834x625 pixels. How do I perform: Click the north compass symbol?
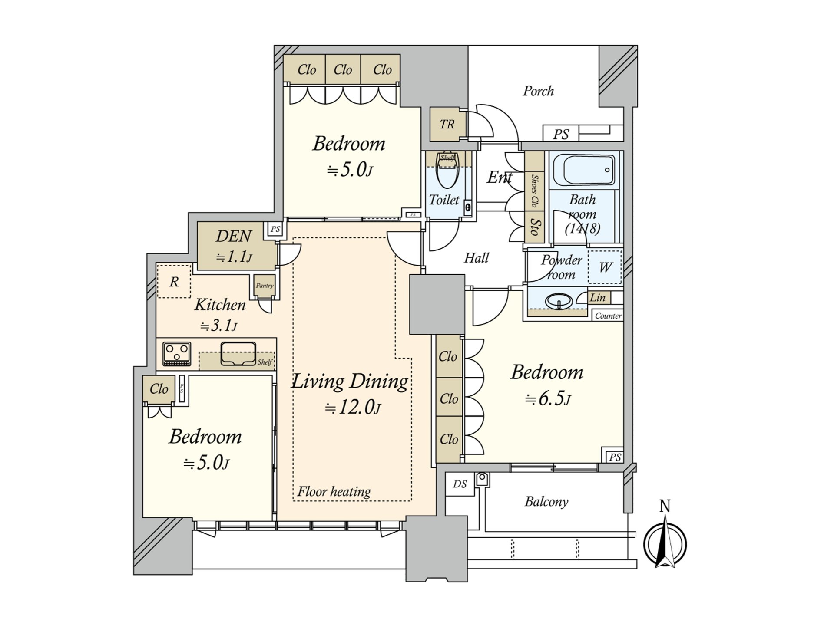[x=665, y=545]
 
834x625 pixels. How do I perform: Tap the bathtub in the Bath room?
[x=589, y=170]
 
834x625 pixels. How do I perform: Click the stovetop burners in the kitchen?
[x=177, y=353]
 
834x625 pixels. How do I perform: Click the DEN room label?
[x=234, y=237]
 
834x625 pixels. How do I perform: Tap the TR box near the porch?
[x=447, y=125]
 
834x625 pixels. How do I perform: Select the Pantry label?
[x=265, y=286]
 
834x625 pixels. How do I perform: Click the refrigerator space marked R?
[x=174, y=282]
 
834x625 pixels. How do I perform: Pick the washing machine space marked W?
[x=605, y=267]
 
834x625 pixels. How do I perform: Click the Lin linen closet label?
[x=598, y=298]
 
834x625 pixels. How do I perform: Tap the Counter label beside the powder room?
[x=608, y=316]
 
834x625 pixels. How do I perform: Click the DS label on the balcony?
[x=460, y=484]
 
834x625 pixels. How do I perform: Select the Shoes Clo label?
[x=535, y=191]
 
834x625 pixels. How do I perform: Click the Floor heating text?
[x=334, y=492]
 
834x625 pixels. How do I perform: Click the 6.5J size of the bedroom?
[x=548, y=399]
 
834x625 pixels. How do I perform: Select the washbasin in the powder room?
[x=559, y=301]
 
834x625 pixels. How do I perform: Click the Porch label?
[x=538, y=91]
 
